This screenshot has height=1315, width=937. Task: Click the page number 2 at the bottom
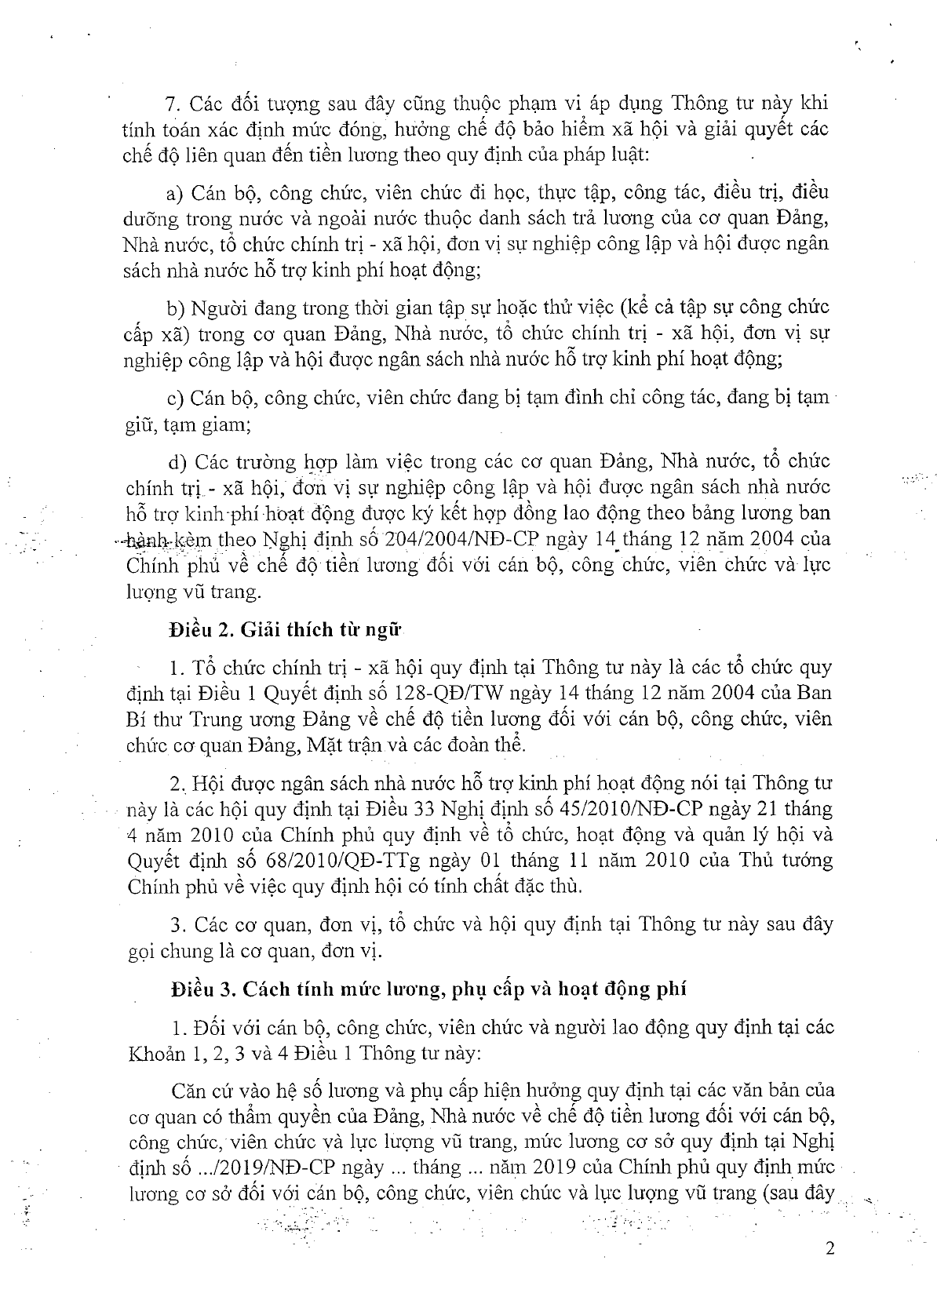(829, 1250)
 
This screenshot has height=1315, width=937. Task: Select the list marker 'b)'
(176, 307)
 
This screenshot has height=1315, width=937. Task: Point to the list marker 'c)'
(175, 398)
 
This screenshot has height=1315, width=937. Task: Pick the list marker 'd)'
(175, 461)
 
